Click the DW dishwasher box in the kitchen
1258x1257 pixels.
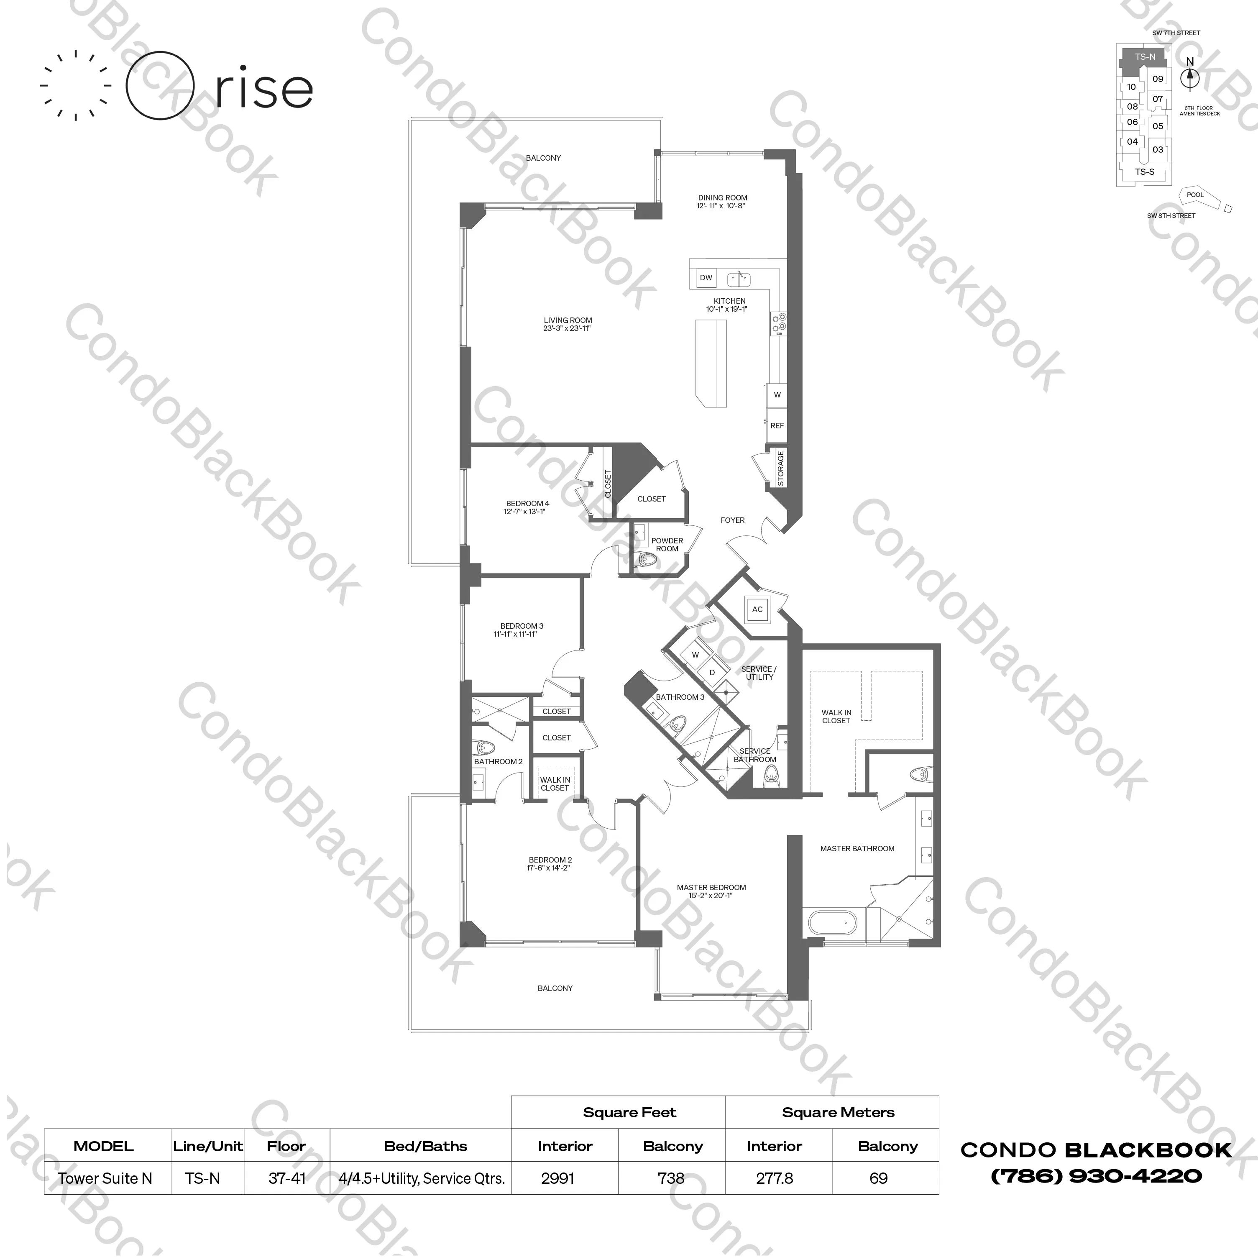[x=706, y=277]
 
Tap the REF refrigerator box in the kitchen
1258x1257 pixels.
[x=777, y=425]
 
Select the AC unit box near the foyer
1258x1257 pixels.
[x=757, y=609]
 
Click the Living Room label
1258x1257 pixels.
[x=568, y=320]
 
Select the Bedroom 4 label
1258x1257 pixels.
[x=527, y=504]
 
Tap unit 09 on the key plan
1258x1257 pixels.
[x=1158, y=79]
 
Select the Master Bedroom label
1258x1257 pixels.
[x=711, y=887]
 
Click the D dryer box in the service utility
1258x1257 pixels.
[x=712, y=673]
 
